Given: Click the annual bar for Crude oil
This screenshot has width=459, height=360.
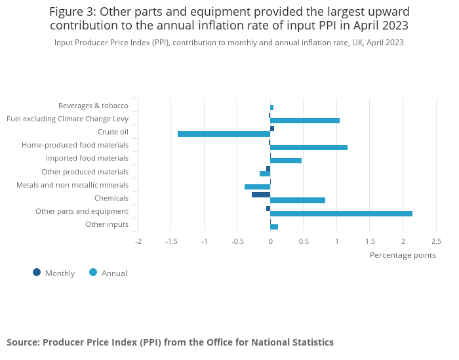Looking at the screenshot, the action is click(x=224, y=134).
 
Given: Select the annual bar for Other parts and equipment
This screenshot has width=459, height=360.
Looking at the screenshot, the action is click(x=342, y=214).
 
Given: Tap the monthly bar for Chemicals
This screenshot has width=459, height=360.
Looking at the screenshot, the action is click(x=261, y=195).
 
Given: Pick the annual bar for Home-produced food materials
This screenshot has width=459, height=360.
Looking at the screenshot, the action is click(x=309, y=148).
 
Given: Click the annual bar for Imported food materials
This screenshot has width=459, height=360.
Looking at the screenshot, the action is click(x=286, y=161).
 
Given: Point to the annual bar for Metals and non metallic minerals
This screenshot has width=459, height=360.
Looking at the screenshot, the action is click(x=257, y=187).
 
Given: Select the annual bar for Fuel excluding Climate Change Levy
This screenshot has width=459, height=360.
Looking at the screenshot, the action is click(x=305, y=121).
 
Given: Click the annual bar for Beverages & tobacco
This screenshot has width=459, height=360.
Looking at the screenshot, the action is click(x=271, y=108).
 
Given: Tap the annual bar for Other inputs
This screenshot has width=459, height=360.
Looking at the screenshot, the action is click(x=274, y=227).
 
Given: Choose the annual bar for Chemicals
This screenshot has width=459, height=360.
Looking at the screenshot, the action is click(x=298, y=200).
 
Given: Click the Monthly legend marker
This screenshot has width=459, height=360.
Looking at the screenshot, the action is click(x=37, y=273).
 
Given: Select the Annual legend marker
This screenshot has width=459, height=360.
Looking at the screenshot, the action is click(x=93, y=273).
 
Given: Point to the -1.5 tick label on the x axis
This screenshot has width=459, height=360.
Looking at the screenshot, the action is click(x=171, y=241).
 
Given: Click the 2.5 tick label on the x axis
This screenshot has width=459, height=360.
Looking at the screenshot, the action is click(x=436, y=241).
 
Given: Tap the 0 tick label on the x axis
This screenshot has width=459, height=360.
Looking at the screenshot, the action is click(x=270, y=241).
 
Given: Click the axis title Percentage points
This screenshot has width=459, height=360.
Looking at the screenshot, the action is click(x=403, y=255).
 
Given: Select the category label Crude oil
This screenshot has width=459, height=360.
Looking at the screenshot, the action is click(x=113, y=132).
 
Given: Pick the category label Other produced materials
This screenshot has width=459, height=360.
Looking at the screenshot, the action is click(x=85, y=172).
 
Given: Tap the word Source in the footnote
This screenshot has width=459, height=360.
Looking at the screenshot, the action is click(x=23, y=342).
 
